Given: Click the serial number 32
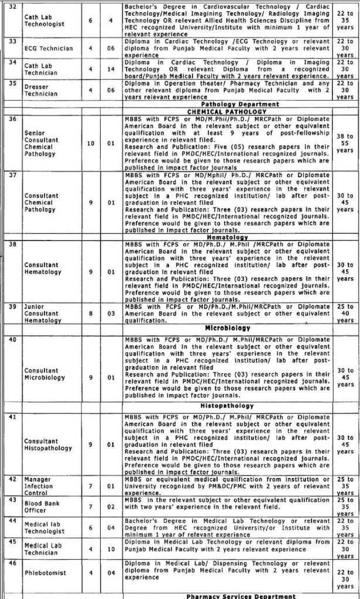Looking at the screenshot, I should [10, 6].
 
